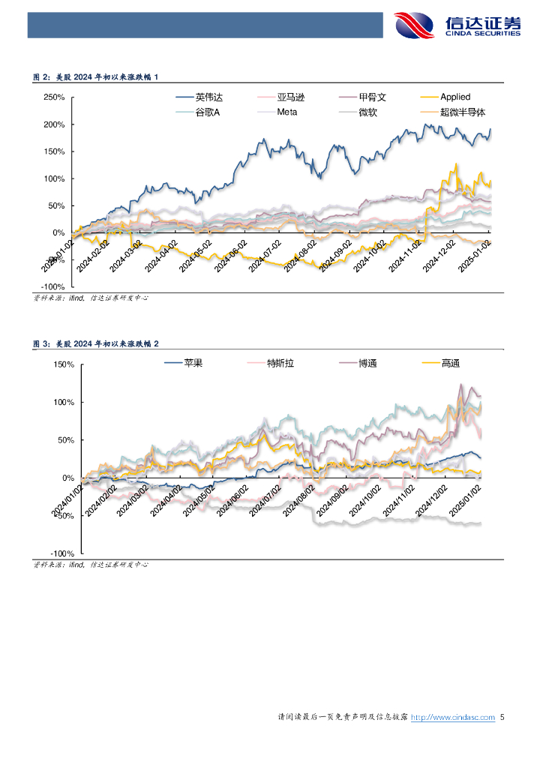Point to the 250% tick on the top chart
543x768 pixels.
pyautogui.click(x=54, y=97)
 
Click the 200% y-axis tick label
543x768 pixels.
pyautogui.click(x=54, y=124)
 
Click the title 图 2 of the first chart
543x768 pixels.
pyautogui.click(x=95, y=77)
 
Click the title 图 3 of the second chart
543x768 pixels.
pyautogui.click(x=95, y=343)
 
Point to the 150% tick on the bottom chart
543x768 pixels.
pyautogui.click(x=62, y=364)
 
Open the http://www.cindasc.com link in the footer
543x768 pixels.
pyautogui.click(x=453, y=718)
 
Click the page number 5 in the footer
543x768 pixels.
pyautogui.click(x=502, y=718)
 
